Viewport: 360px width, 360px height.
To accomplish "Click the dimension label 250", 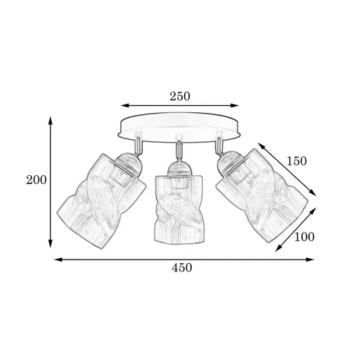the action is pos(180,96).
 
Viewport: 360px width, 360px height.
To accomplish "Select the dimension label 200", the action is pos(36,180).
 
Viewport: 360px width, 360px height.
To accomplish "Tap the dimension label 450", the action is pos(181,268).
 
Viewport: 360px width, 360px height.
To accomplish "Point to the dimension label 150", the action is pos(296,161).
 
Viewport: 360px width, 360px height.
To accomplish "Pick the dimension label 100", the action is pos(304,237).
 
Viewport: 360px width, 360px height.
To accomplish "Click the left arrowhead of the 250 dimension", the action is pos(125,106).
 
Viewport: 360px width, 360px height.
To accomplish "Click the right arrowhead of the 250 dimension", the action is pos(235,106).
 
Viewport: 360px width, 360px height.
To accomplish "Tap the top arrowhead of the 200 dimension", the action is pos(51,120).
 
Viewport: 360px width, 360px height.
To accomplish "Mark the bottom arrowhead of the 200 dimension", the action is pos(51,244).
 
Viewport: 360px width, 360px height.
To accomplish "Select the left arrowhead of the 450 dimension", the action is pos(58,260).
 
